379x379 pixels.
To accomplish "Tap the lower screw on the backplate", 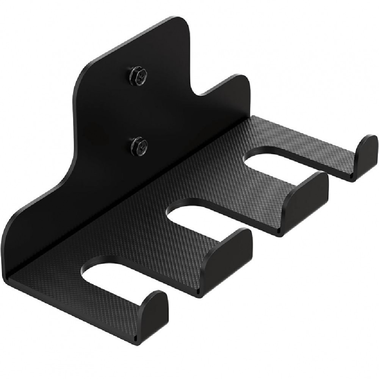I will (x=139, y=146).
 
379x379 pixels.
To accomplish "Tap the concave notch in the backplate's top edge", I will (x=199, y=91).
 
